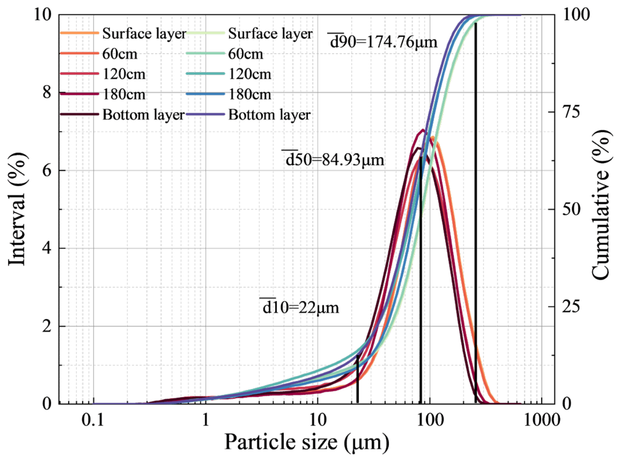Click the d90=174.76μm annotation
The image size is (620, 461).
[382, 42]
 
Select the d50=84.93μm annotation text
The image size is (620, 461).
[333, 160]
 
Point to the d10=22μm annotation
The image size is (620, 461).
[299, 307]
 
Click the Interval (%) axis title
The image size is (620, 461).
[17, 209]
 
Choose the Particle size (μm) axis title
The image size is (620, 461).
[307, 442]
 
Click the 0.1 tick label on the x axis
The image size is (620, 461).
[93, 420]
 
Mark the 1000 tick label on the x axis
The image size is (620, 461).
[542, 420]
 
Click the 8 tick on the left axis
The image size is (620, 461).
[47, 92]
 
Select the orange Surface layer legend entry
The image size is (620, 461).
[123, 34]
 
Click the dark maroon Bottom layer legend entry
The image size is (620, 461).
[122, 114]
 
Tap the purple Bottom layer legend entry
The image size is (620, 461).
[248, 114]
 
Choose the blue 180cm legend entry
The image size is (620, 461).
[229, 94]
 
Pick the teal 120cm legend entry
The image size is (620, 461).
[229, 74]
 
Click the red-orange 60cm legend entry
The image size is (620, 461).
[99, 54]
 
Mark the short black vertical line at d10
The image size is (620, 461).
[358, 379]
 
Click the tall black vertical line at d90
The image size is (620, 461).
[476, 213]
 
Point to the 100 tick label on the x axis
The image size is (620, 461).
[430, 420]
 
